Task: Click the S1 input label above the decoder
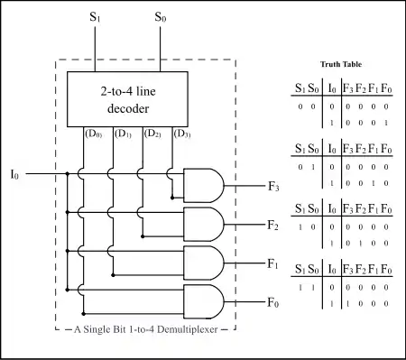[x=95, y=17]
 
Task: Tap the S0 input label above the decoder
[x=161, y=17]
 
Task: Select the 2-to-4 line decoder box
[x=127, y=99]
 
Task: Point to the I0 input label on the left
[x=14, y=174]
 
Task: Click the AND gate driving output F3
[x=204, y=185]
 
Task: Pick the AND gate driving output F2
[x=204, y=224]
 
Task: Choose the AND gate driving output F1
[x=204, y=263]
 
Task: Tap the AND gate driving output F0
[x=204, y=301]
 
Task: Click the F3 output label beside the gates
[x=273, y=187]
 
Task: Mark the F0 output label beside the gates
[x=273, y=302]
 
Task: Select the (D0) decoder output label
[x=94, y=134]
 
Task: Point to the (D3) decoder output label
[x=182, y=134]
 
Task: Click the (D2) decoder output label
[x=152, y=134]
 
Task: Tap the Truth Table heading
[x=341, y=64]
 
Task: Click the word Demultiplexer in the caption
[x=188, y=329]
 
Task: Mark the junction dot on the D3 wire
[x=172, y=198]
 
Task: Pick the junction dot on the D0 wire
[x=84, y=314]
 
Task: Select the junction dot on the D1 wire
[x=113, y=275]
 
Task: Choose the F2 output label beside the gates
[x=273, y=225]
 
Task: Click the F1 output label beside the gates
[x=273, y=263]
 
